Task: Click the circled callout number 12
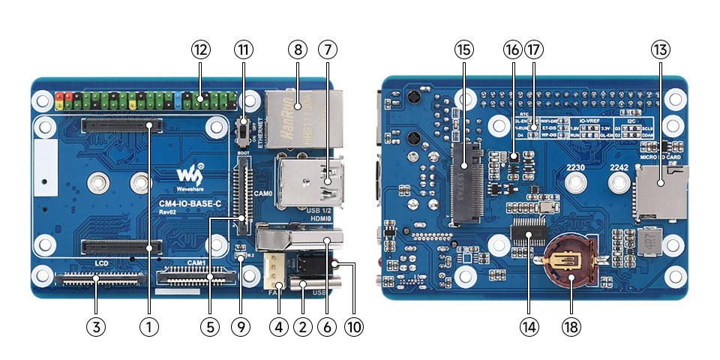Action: click(199, 50)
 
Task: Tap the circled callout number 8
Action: click(298, 50)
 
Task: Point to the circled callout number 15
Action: click(463, 50)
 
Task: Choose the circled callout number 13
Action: click(659, 50)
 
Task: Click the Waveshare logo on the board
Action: click(190, 175)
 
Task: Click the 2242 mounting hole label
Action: click(618, 167)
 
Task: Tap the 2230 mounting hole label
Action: click(574, 167)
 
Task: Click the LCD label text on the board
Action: click(103, 265)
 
